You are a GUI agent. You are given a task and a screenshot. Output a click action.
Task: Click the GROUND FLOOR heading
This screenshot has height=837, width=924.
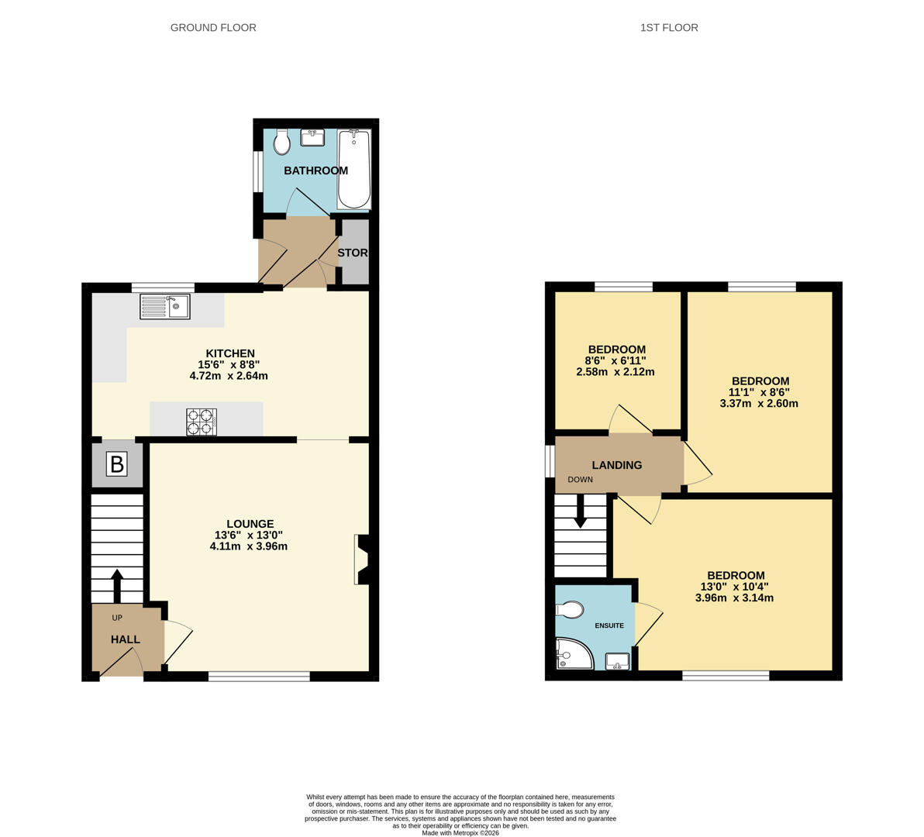[213, 28]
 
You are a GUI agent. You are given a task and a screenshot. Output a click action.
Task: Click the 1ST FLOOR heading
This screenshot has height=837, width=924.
[669, 28]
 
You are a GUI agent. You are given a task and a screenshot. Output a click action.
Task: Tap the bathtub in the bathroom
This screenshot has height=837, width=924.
[354, 169]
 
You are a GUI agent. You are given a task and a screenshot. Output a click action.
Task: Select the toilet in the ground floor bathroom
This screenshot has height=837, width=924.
[281, 141]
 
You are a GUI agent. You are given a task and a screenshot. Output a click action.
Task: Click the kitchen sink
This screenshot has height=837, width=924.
[165, 306]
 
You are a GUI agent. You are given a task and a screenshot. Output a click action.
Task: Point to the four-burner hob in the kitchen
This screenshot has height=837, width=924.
[202, 422]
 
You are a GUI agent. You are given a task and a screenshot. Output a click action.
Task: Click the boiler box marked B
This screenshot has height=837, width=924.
[117, 464]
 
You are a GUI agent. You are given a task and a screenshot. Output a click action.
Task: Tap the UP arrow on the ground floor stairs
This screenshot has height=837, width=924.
[117, 586]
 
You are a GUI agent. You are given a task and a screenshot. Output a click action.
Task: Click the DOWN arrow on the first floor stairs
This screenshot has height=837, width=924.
[581, 511]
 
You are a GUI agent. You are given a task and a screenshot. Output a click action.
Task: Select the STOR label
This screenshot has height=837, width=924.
[353, 253]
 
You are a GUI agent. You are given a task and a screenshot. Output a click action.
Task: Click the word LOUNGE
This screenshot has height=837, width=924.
[250, 524]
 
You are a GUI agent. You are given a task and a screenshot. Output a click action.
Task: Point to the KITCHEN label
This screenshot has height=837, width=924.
[230, 353]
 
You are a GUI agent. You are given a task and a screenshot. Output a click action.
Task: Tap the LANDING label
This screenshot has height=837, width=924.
[617, 465]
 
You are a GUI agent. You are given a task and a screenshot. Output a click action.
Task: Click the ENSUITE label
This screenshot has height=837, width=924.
[609, 625]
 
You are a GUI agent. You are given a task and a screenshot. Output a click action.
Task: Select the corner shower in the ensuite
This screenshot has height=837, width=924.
[574, 654]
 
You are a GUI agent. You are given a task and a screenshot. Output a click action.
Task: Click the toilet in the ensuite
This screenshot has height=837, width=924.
[569, 610]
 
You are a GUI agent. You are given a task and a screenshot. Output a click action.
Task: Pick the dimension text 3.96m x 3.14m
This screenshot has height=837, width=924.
[734, 598]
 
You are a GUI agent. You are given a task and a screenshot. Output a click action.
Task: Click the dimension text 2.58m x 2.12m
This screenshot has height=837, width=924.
[615, 372]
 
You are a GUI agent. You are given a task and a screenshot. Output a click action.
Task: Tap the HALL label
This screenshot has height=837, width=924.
[126, 639]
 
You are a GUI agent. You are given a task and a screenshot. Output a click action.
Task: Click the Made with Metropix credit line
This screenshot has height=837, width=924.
[460, 833]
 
